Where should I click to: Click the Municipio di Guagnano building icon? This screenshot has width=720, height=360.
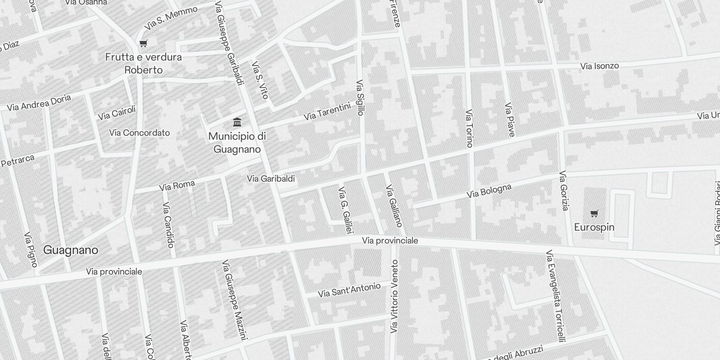click(237, 122)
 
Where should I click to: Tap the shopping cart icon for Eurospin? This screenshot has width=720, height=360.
click(594, 213)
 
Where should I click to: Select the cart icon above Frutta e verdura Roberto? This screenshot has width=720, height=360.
click(143, 44)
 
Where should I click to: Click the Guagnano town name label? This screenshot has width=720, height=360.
click(71, 250)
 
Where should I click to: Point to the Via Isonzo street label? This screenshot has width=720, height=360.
click(599, 66)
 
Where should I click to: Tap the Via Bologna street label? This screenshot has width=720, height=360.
click(489, 191)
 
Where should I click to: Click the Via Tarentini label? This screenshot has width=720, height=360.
click(327, 112)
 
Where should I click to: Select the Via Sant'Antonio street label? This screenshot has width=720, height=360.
click(349, 290)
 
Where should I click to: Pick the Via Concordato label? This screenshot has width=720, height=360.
click(139, 133)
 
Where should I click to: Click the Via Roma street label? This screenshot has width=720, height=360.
click(177, 185)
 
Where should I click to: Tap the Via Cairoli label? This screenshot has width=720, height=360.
click(117, 113)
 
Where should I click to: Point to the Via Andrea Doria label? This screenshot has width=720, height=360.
click(39, 103)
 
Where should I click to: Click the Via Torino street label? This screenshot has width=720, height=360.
click(469, 128)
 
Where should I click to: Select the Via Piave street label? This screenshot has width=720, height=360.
click(509, 120)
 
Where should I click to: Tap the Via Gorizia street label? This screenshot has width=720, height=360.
click(564, 191)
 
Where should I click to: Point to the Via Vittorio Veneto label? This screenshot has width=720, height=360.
click(395, 297)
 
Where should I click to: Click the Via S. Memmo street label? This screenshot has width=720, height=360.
click(171, 18)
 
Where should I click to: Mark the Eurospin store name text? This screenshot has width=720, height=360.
click(594, 227)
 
